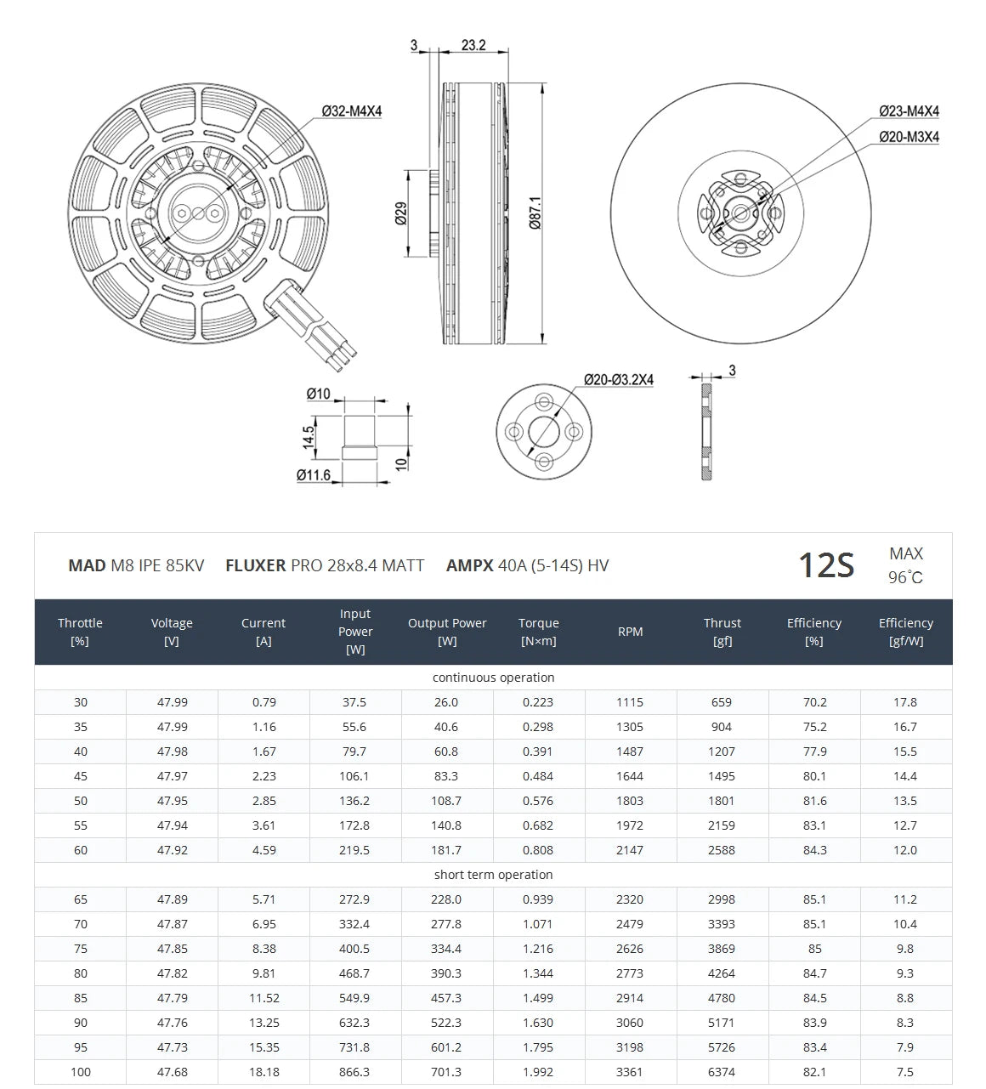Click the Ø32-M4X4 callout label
point(352,111)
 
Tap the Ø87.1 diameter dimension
point(535,213)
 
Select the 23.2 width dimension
point(473,45)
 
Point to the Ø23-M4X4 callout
point(909,111)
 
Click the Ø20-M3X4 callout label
point(909,137)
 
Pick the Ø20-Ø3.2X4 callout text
point(618,380)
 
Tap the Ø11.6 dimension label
point(314,475)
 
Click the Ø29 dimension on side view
point(401,213)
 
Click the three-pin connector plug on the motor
point(319,332)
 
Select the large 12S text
point(825,565)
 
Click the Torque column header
point(538,632)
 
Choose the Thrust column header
point(722,632)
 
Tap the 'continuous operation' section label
point(493,678)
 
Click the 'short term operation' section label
point(493,875)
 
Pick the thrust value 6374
point(722,1072)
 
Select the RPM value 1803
point(630,801)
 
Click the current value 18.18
point(263,1072)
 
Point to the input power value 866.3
point(354,1072)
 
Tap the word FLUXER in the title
point(255,565)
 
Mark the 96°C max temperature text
point(905,578)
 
